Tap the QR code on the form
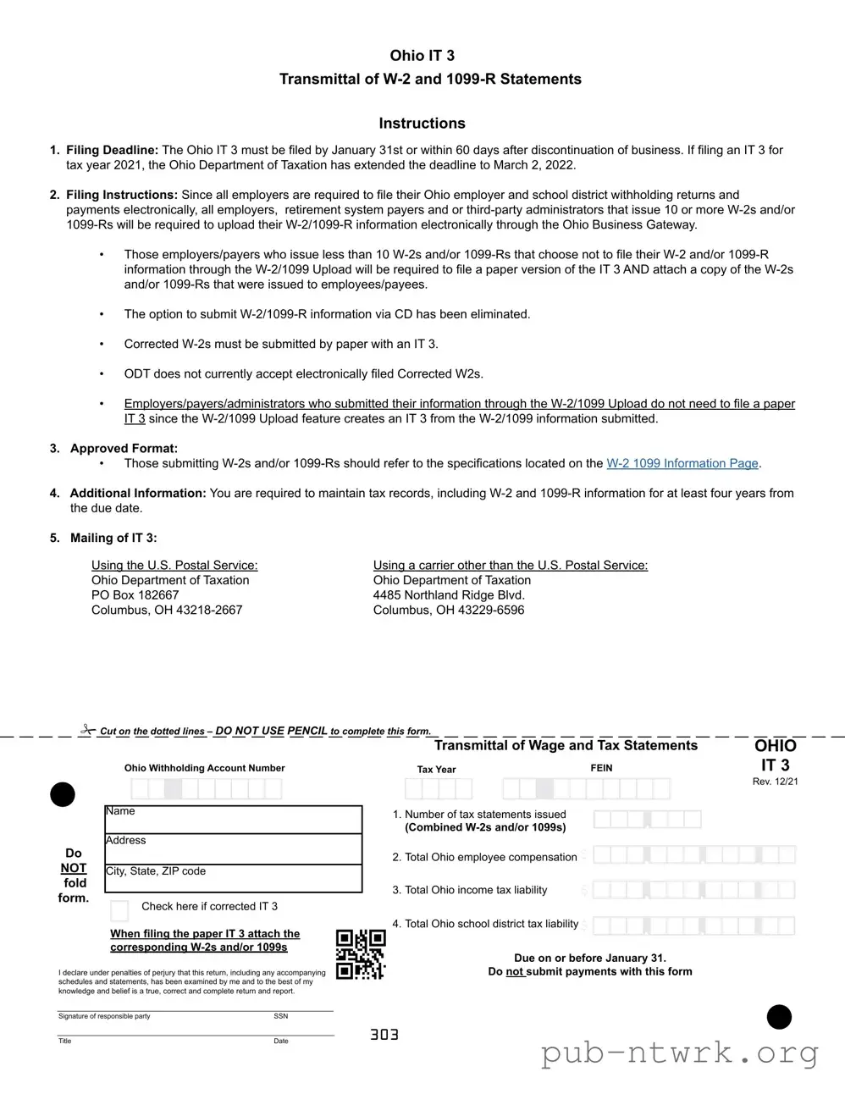361,954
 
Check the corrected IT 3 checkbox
120,910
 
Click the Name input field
234,820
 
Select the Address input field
234,849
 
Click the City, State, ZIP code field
234,879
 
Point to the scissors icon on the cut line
88,729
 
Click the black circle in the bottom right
779,1017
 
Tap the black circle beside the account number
63,794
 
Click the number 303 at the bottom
384,1035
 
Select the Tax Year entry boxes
438,789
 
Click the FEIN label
601,768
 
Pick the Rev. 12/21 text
775,782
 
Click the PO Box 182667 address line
135,595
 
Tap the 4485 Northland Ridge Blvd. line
449,595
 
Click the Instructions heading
422,124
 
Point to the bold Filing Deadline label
113,150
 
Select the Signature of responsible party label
104,1016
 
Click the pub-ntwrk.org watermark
680,1053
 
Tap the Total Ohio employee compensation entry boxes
693,855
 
